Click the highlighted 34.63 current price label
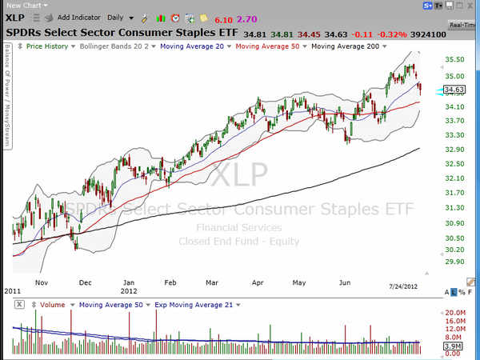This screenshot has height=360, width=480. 454,90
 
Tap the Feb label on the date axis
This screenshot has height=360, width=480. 169,282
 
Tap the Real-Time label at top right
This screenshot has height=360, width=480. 464,26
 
